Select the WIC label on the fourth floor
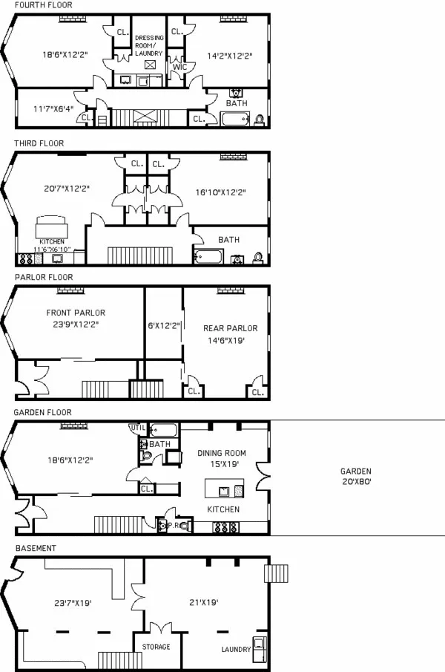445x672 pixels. click(178, 67)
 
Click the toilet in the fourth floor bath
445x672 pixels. click(259, 119)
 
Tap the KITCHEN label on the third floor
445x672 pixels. click(52, 242)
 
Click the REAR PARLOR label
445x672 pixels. click(230, 328)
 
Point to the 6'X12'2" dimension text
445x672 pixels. click(163, 324)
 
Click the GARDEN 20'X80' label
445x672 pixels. click(356, 476)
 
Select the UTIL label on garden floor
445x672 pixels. click(138, 428)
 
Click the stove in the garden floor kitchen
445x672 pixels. click(224, 527)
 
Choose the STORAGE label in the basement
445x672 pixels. click(156, 647)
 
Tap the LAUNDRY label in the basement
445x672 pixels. click(236, 650)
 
